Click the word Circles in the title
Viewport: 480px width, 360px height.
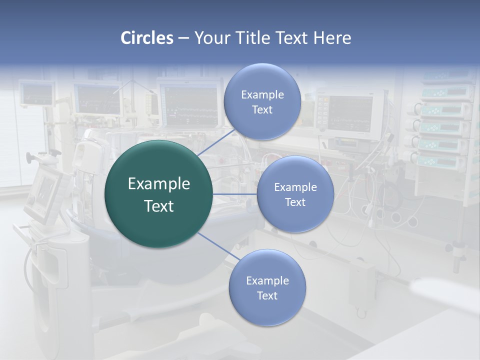coord(146,38)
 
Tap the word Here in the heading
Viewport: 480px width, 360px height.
coord(332,38)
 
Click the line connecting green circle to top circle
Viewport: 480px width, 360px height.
coord(216,141)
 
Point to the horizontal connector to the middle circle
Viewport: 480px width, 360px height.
coord(235,194)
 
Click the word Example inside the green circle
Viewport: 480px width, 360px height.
coord(158,184)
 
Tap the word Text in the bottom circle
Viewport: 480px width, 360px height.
coord(267,295)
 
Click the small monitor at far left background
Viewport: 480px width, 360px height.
coord(36,94)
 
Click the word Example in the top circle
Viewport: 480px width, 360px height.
coord(262,95)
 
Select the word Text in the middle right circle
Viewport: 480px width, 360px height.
coord(295,202)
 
